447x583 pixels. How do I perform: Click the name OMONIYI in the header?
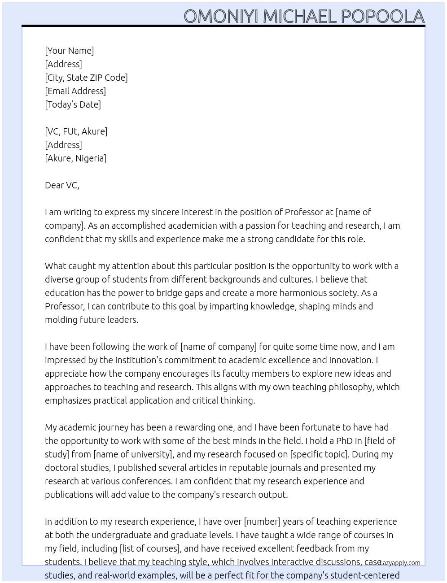point(221,17)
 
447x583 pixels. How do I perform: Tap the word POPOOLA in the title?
point(382,17)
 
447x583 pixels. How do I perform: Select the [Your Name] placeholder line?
point(69,51)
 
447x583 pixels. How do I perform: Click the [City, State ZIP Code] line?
point(86,78)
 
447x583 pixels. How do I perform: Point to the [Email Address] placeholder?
point(75,91)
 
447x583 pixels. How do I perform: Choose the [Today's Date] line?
point(73,104)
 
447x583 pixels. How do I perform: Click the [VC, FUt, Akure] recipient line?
point(76,131)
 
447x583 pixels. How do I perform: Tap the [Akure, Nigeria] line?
point(75,158)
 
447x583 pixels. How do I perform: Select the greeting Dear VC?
point(62,185)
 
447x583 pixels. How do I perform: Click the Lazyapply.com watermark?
point(400,563)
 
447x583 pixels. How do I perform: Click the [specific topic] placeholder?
point(319,454)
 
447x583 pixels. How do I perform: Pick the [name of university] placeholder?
point(133,454)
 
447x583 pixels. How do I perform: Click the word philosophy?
point(344,387)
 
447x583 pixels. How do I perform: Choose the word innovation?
point(351,360)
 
